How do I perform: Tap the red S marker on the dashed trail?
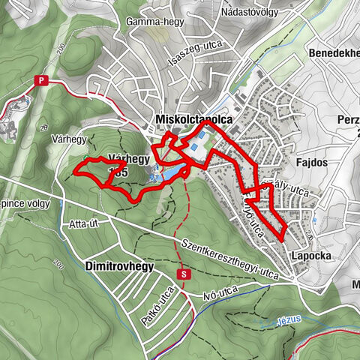click(x=183, y=274)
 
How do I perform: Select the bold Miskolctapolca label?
click(x=193, y=119)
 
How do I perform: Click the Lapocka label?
click(x=307, y=256)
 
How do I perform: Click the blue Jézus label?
click(x=288, y=318)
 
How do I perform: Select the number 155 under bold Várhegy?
click(x=118, y=172)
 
